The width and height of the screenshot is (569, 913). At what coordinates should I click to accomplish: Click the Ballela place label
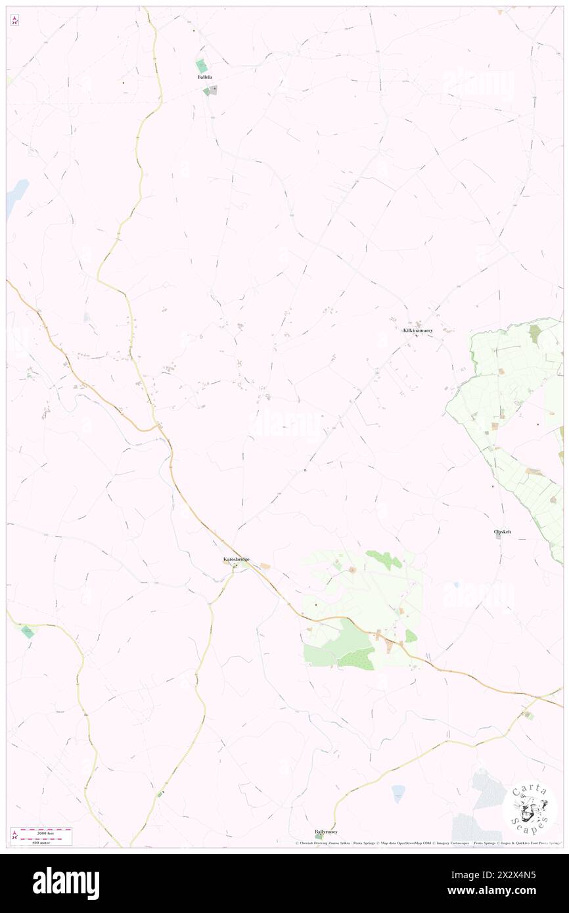204,77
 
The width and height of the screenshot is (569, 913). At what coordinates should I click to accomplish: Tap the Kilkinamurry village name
418,331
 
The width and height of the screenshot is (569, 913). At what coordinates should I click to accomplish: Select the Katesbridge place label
235,559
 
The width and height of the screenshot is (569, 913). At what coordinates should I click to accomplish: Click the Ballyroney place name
326,831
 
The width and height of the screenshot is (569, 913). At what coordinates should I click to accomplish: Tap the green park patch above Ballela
202,66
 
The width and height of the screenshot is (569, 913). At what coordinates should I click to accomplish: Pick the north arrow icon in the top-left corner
14,20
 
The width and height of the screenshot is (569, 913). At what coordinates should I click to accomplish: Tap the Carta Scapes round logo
530,809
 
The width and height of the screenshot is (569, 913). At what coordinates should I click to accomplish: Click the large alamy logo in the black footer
66,883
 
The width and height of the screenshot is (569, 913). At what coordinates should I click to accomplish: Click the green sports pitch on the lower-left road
28,631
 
